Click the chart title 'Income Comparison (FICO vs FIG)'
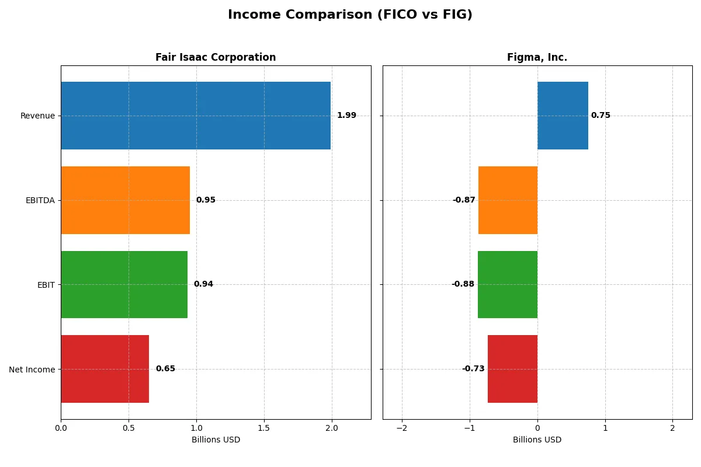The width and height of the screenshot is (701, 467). pyautogui.click(x=350, y=15)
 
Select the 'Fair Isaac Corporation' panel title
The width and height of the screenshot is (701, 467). pyautogui.click(x=216, y=57)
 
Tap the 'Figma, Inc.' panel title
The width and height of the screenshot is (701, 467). pyautogui.click(x=537, y=57)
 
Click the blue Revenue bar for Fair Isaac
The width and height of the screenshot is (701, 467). pyautogui.click(x=196, y=116)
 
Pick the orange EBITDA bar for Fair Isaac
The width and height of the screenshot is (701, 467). pyautogui.click(x=125, y=200)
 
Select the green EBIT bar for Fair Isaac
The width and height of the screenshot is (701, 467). pyautogui.click(x=124, y=284)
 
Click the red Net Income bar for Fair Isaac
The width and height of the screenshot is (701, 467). pyautogui.click(x=105, y=369)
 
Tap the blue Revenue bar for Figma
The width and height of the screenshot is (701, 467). pyautogui.click(x=563, y=116)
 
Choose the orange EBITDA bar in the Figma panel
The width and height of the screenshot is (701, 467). pyautogui.click(x=508, y=200)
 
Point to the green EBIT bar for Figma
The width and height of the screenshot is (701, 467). pyautogui.click(x=508, y=284)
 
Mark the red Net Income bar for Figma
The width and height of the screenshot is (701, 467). pyautogui.click(x=512, y=369)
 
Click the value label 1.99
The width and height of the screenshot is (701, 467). pyautogui.click(x=346, y=116)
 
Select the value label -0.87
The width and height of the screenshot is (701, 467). pyautogui.click(x=464, y=200)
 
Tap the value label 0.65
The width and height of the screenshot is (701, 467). pyautogui.click(x=165, y=369)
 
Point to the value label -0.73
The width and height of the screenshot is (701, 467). pyautogui.click(x=473, y=369)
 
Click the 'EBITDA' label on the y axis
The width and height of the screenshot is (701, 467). pyautogui.click(x=40, y=200)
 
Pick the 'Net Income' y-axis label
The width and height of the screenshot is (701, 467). pyautogui.click(x=32, y=370)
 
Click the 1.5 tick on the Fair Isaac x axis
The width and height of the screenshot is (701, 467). pyautogui.click(x=264, y=428)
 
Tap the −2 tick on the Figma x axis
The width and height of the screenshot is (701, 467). pyautogui.click(x=402, y=428)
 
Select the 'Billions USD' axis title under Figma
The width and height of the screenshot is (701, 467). pyautogui.click(x=537, y=440)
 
